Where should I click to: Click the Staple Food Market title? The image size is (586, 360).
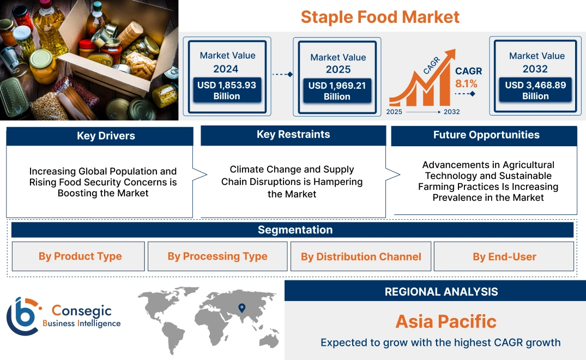380,17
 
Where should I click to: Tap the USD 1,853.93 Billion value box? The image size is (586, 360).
227,91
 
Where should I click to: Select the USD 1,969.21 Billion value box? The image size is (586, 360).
337,91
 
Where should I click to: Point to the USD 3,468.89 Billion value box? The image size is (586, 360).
535,90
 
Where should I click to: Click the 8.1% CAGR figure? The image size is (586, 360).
466,83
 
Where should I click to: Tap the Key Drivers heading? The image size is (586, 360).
106,136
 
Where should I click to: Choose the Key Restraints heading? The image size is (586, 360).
293,134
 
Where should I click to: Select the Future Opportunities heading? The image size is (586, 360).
486,135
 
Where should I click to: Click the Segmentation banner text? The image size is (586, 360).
295,230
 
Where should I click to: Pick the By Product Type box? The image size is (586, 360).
78,256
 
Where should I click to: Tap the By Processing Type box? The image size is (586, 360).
218,256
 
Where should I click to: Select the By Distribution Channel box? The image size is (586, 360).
361,256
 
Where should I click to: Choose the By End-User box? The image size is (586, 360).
504,256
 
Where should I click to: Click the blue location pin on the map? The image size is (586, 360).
242,308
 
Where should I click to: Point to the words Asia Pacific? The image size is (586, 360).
446,321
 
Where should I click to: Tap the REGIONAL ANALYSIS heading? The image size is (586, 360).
442,292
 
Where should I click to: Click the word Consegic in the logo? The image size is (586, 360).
81,311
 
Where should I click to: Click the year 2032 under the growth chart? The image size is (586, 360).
451,112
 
